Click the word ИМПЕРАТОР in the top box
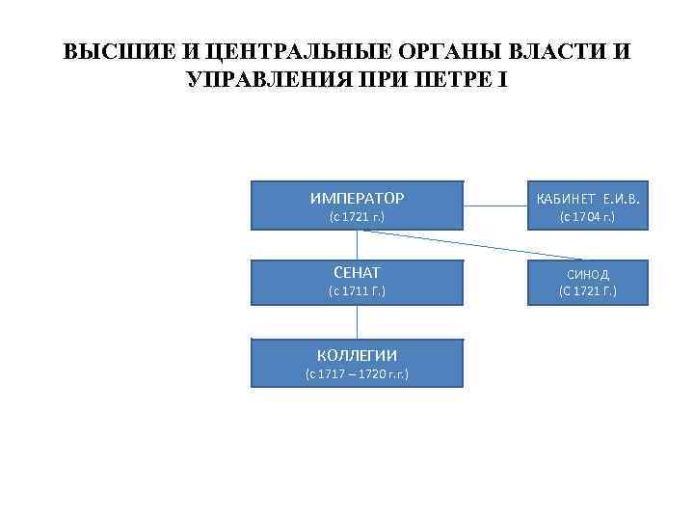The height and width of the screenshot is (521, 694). click(x=357, y=199)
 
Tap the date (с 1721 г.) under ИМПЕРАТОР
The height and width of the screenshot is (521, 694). click(x=357, y=217)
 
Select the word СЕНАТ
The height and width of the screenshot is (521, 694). click(x=357, y=273)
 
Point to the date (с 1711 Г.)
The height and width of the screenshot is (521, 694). click(x=357, y=290)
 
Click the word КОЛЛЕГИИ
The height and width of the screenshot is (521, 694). click(x=357, y=355)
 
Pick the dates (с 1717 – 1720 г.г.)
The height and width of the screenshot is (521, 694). click(x=357, y=372)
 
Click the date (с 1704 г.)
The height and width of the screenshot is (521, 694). click(x=588, y=217)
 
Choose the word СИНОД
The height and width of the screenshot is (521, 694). click(x=588, y=274)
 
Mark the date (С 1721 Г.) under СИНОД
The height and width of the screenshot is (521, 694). click(x=588, y=290)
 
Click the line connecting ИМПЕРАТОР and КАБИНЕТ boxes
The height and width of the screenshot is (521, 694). click(x=494, y=206)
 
